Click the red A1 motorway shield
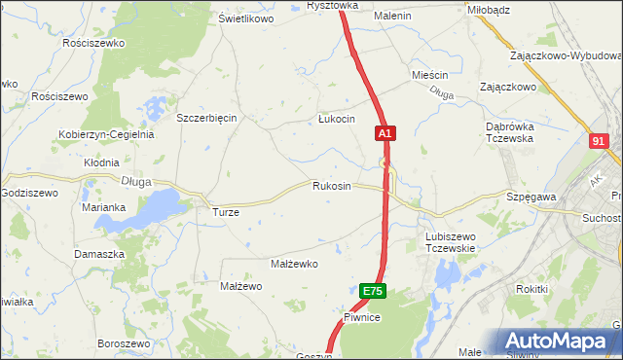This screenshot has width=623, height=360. tap(385, 131)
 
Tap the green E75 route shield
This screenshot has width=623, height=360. tap(373, 291)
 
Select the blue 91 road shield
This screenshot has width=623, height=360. tap(599, 141)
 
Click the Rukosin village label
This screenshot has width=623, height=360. tap(331, 186)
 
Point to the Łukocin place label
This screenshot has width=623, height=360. tap(336, 119)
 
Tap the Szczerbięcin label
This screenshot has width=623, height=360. tap(206, 118)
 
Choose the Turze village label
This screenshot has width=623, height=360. tap(226, 211)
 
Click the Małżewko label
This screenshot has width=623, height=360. tap(294, 264)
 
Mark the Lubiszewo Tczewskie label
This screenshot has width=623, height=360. tap(450, 241)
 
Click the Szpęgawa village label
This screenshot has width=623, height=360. tap(531, 197)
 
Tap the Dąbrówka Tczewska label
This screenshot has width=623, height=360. tap(511, 132)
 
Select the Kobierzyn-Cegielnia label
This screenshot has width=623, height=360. tap(106, 134)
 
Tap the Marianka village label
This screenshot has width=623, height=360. tap(103, 207)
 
